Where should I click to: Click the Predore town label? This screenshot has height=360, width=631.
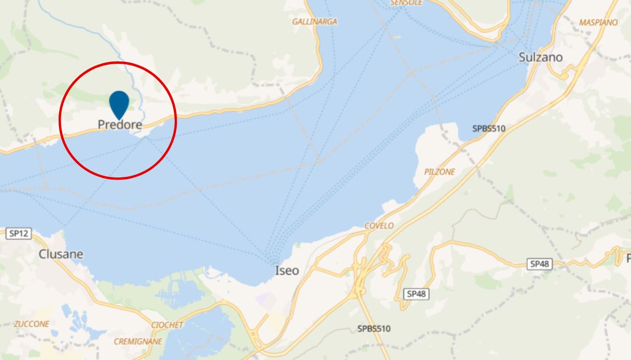click(120, 125)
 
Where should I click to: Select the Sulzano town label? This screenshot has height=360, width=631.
click(540, 58)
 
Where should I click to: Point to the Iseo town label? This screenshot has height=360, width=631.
click(287, 270)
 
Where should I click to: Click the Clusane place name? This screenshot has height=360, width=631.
click(61, 254)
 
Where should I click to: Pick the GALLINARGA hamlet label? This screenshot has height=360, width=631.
click(315, 22)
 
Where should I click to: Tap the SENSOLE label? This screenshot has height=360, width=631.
click(406, 3)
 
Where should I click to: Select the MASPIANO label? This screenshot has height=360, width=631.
click(598, 22)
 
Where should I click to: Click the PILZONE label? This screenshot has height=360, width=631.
click(439, 172)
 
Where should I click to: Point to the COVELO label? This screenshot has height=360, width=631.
click(379, 226)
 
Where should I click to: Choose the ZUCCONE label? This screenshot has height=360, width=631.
click(32, 324)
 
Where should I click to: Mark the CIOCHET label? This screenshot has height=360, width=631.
click(167, 325)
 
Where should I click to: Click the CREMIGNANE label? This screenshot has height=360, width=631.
click(138, 341)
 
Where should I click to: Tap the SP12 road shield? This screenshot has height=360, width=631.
click(18, 233)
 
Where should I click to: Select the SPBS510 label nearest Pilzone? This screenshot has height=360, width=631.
click(488, 128)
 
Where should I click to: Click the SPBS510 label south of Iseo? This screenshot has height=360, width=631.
click(374, 328)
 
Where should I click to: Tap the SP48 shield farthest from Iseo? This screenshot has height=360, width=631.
click(539, 264)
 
